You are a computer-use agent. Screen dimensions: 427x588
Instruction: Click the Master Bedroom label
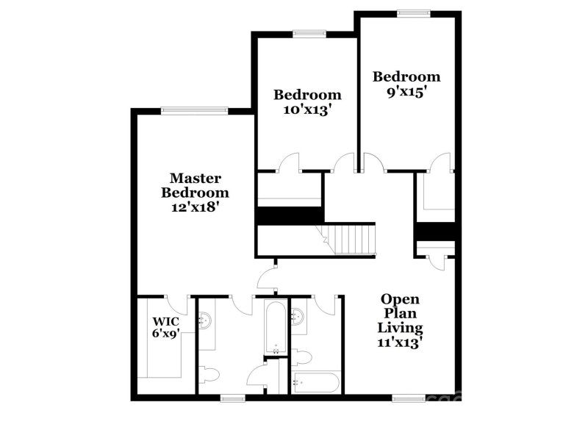click(196, 185)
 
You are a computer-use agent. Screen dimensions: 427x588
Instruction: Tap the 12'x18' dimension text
click(196, 207)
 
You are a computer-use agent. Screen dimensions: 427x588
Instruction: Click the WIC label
click(165, 322)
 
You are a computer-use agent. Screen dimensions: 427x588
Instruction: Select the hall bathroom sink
click(298, 317)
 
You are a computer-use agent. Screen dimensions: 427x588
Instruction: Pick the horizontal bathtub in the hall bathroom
click(315, 381)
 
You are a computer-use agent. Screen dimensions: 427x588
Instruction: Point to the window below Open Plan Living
click(408, 398)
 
